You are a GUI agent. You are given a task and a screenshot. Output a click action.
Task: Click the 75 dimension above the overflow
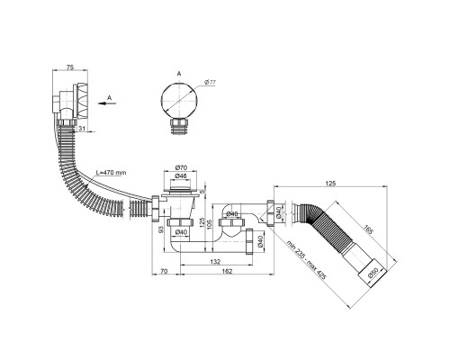(70, 67)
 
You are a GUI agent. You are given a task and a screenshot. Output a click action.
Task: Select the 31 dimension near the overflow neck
(82, 129)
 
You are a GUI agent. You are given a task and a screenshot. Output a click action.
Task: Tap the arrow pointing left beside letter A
(107, 103)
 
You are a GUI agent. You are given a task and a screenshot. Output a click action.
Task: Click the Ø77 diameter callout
(211, 82)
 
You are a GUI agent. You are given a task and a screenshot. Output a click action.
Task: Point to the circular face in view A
(179, 100)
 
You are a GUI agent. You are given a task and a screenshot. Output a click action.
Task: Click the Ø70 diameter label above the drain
(181, 167)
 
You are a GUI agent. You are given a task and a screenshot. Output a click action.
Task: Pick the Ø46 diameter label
(181, 176)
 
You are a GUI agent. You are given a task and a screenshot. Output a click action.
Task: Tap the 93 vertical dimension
(160, 230)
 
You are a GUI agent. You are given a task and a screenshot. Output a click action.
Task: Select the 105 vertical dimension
(209, 224)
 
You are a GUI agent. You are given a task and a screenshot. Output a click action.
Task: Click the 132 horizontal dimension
(215, 262)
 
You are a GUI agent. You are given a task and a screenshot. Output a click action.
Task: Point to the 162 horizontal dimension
(227, 271)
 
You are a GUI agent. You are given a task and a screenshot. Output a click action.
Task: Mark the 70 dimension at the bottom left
(164, 271)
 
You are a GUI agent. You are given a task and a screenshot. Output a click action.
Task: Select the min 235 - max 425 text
(306, 260)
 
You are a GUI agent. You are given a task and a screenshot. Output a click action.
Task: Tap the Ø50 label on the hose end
(373, 273)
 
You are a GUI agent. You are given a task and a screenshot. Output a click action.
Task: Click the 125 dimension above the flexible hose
(330, 184)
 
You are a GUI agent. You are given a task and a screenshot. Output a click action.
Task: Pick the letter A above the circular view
(179, 74)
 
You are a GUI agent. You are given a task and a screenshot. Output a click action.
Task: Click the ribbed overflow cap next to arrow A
(83, 100)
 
